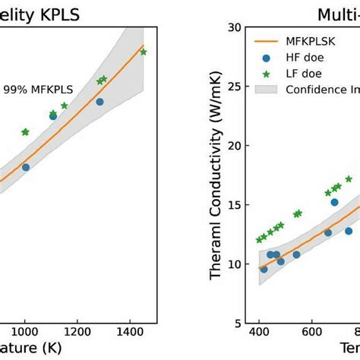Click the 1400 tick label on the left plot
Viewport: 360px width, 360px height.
coord(129,332)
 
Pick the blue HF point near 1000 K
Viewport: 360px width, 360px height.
coord(26,167)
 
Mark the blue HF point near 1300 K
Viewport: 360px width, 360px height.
coord(99,102)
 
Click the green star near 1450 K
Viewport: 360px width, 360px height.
coord(144,52)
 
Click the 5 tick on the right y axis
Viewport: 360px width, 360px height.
coord(237,323)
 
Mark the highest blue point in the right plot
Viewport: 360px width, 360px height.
coord(334,202)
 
